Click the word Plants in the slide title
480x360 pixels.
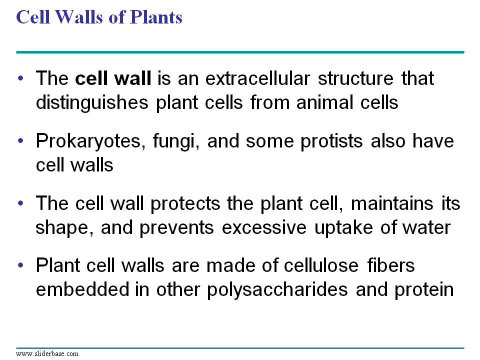[156, 17]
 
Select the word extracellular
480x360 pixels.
[257, 78]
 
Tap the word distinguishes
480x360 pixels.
[92, 103]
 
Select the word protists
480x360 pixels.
[332, 142]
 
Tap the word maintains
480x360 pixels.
[392, 203]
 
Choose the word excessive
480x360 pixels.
[264, 228]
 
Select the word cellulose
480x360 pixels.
[321, 265]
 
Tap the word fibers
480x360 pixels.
[391, 265]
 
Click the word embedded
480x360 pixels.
[82, 289]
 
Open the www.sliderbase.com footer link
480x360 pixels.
[47, 354]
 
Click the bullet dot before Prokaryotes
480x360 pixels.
[20, 141]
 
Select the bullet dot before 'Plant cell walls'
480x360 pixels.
[20, 265]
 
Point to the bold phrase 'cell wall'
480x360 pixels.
[113, 78]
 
